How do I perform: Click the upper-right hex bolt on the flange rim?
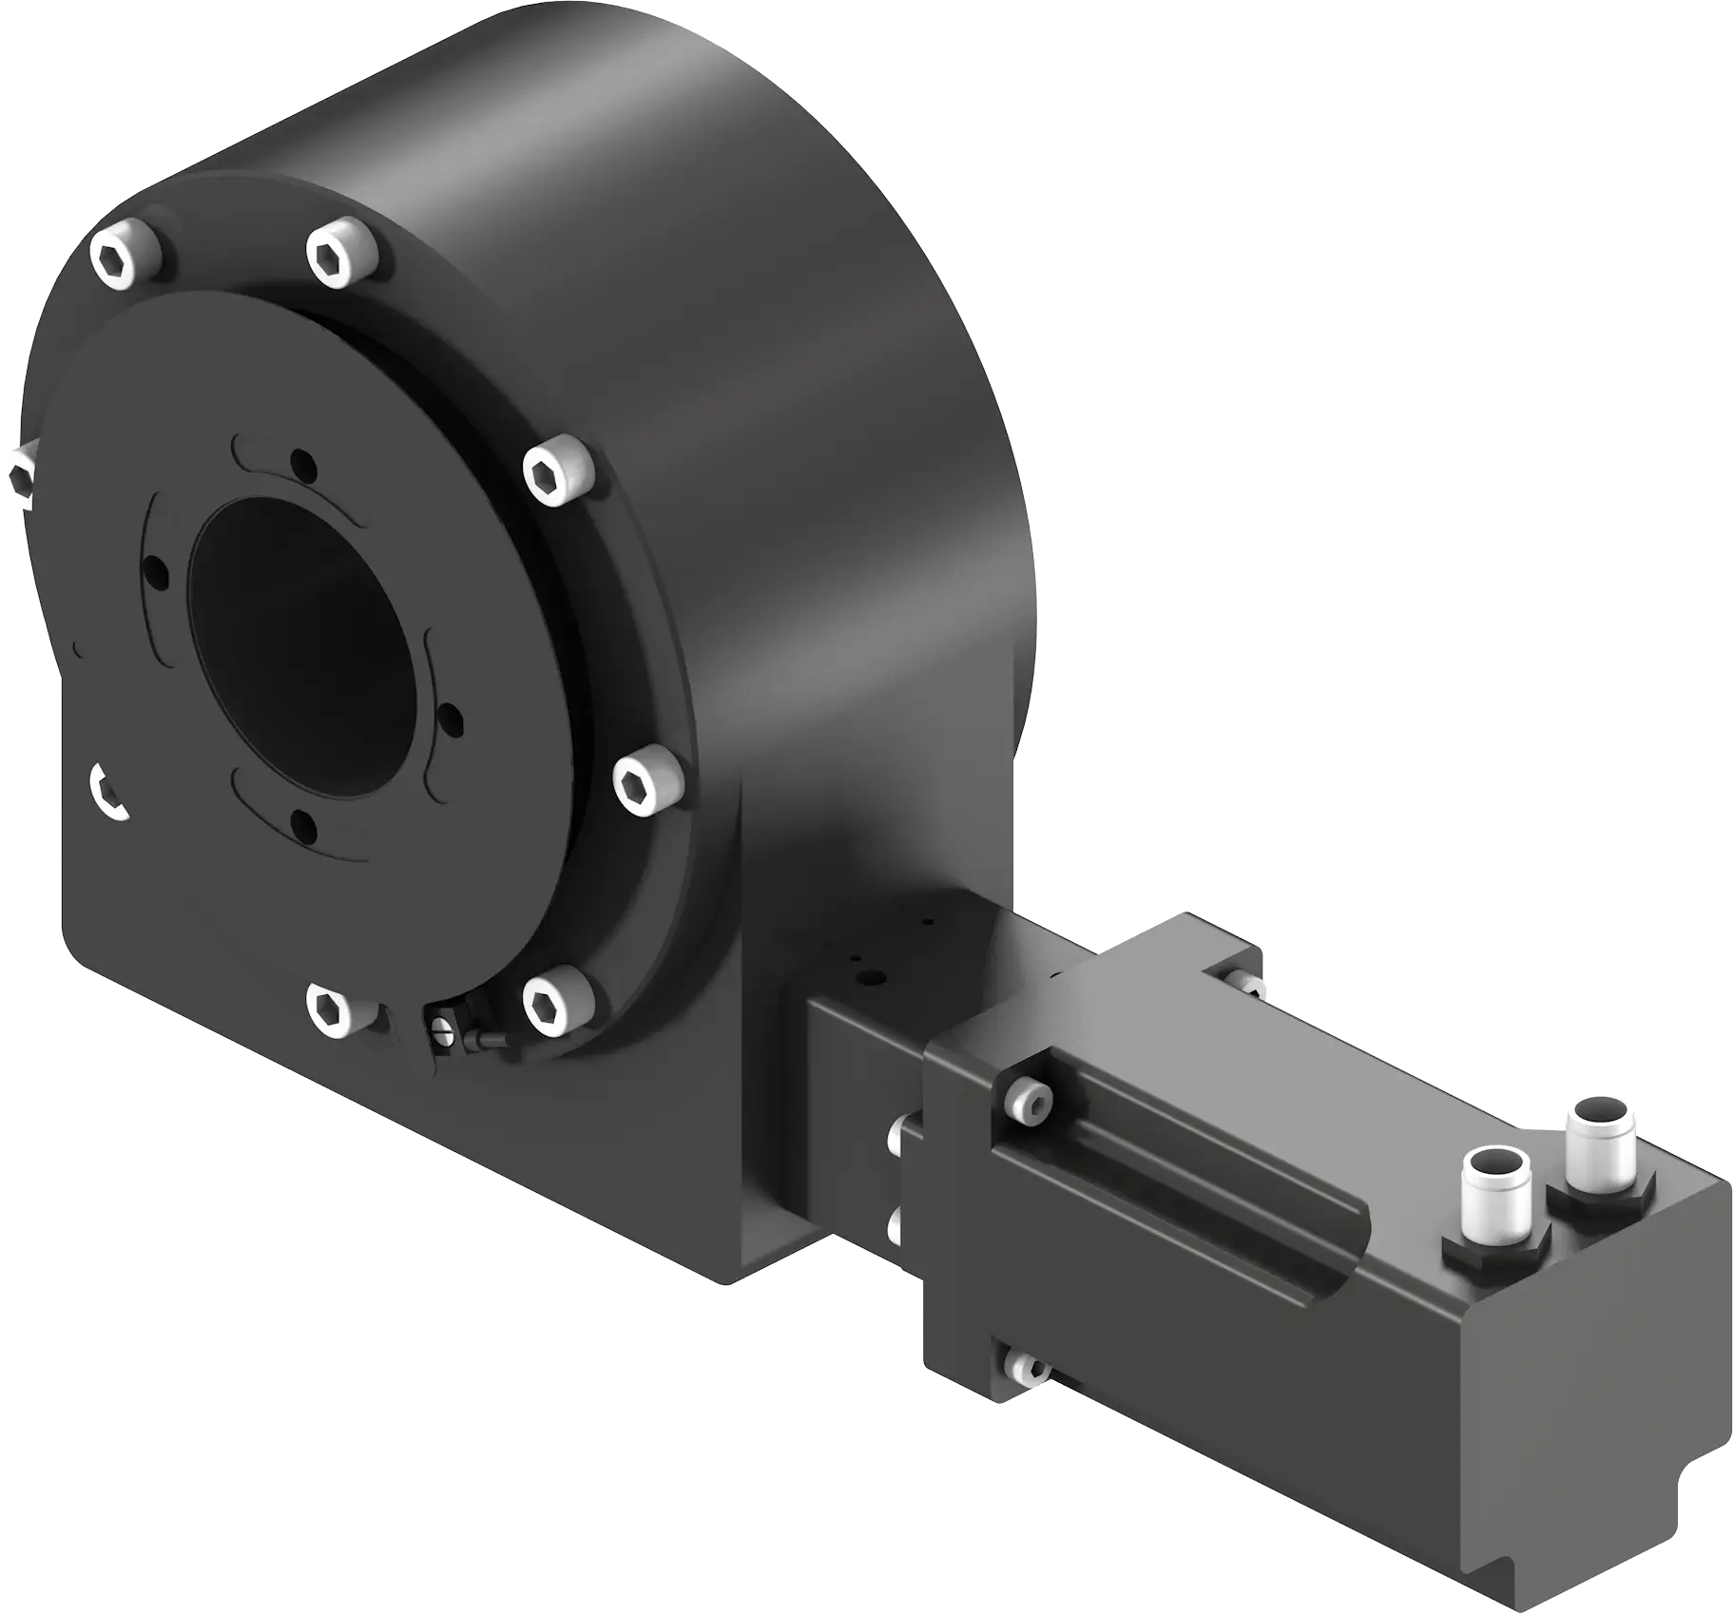[x=558, y=471]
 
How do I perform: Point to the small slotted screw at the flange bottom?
[x=439, y=1030]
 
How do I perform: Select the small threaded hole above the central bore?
[x=303, y=466]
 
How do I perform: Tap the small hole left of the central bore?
[x=155, y=571]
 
